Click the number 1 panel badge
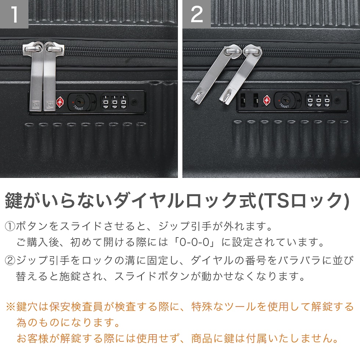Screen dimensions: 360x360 (x=14, y=14)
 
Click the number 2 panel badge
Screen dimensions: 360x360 (x=197, y=14)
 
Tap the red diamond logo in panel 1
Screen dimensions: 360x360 (x=60, y=102)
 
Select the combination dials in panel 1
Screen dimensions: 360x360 (x=115, y=102)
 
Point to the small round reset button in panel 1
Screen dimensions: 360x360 (x=134, y=102)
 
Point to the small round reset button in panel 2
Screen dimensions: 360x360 (x=337, y=100)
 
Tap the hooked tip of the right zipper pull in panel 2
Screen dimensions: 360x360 (x=225, y=98)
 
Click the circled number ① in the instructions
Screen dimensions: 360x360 (x=10, y=226)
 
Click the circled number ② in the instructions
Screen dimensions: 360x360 (x=10, y=260)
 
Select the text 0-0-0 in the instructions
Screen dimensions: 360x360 (x=194, y=242)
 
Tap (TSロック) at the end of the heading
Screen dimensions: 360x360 (x=303, y=201)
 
